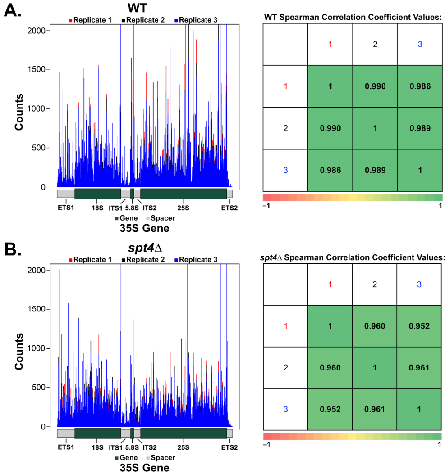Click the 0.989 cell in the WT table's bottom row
tap(375, 170)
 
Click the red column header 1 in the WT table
tap(330, 45)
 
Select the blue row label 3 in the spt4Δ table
tap(285, 410)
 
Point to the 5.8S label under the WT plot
tap(132, 208)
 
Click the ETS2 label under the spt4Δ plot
tap(229, 447)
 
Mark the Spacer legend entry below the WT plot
tap(161, 218)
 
